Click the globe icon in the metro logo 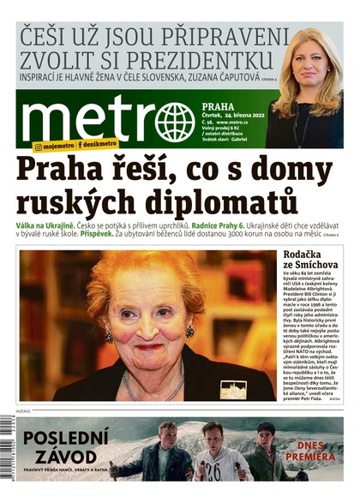[176, 122]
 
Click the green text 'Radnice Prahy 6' [226, 225]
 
